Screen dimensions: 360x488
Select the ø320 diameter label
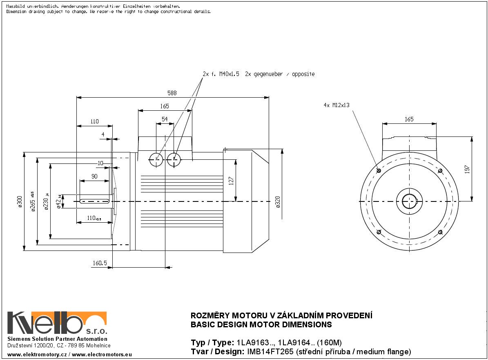point(278,201)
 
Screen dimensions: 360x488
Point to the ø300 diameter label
point(20,201)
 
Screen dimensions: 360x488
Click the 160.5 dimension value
point(100,264)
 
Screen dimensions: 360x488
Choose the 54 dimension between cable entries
point(165,119)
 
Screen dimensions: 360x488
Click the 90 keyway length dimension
point(94,176)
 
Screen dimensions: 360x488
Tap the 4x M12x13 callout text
point(336,105)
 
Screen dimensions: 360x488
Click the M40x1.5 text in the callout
point(230,74)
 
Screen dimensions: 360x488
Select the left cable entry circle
point(156,160)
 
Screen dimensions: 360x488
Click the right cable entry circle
point(174,160)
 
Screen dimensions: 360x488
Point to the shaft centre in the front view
point(409,201)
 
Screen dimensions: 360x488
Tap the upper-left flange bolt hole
point(378,170)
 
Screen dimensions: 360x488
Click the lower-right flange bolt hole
point(440,232)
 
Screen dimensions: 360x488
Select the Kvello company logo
point(57,323)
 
